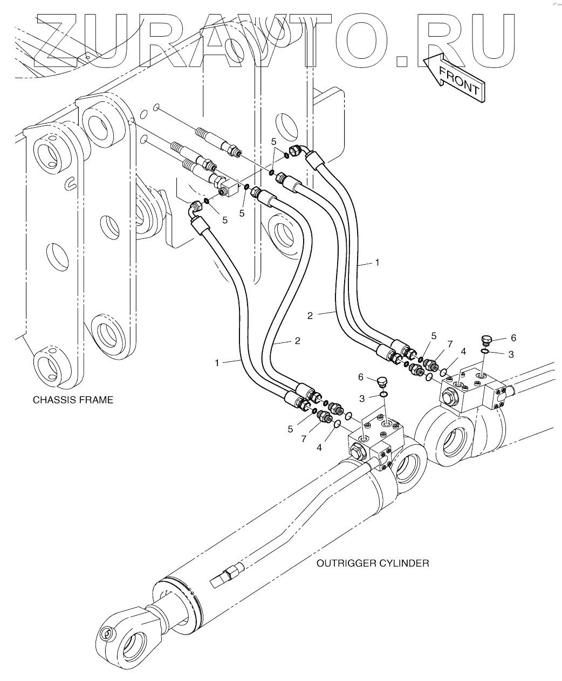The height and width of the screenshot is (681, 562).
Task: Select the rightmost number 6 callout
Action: tap(513, 338)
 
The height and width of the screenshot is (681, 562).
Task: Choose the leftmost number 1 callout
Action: tap(217, 363)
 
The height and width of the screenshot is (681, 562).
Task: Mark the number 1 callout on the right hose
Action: tap(378, 263)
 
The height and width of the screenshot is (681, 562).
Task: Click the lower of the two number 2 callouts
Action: tap(297, 341)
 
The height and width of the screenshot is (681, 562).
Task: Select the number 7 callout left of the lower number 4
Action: tap(304, 439)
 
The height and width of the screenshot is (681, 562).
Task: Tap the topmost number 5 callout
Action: tap(274, 141)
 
